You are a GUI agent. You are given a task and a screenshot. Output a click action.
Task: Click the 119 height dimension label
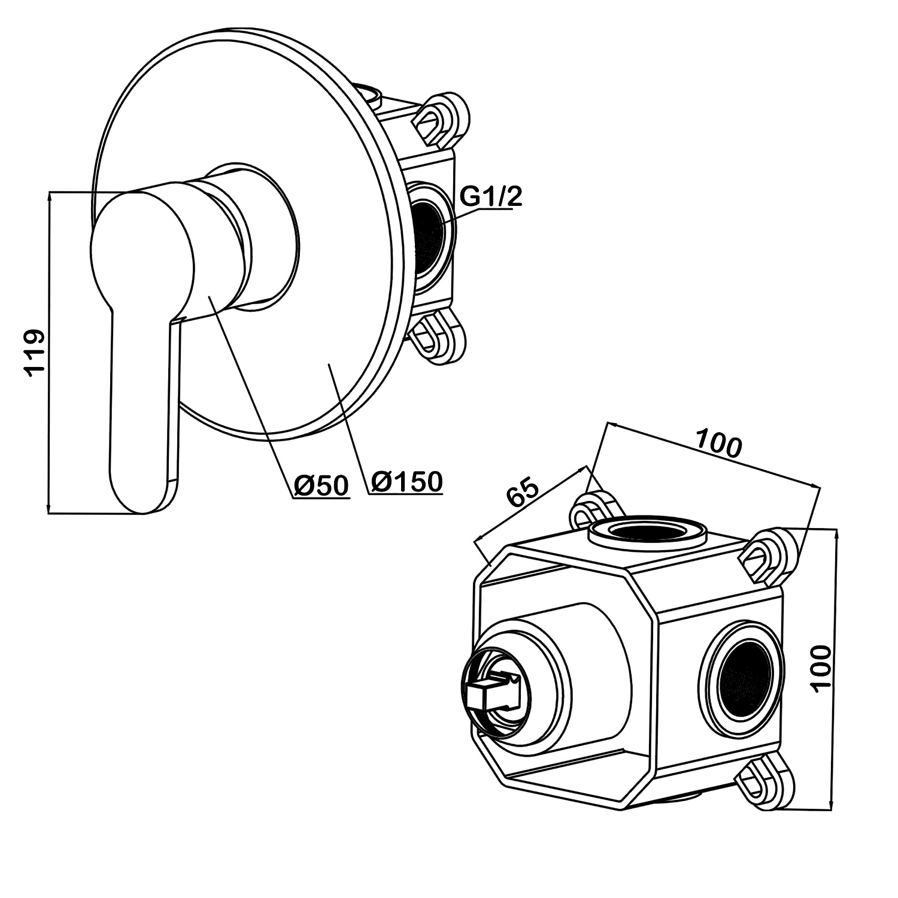pyautogui.click(x=35, y=352)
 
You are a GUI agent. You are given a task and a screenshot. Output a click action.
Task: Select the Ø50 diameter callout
pyautogui.click(x=321, y=484)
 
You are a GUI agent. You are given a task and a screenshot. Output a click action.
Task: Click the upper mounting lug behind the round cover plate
pyautogui.click(x=440, y=118)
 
